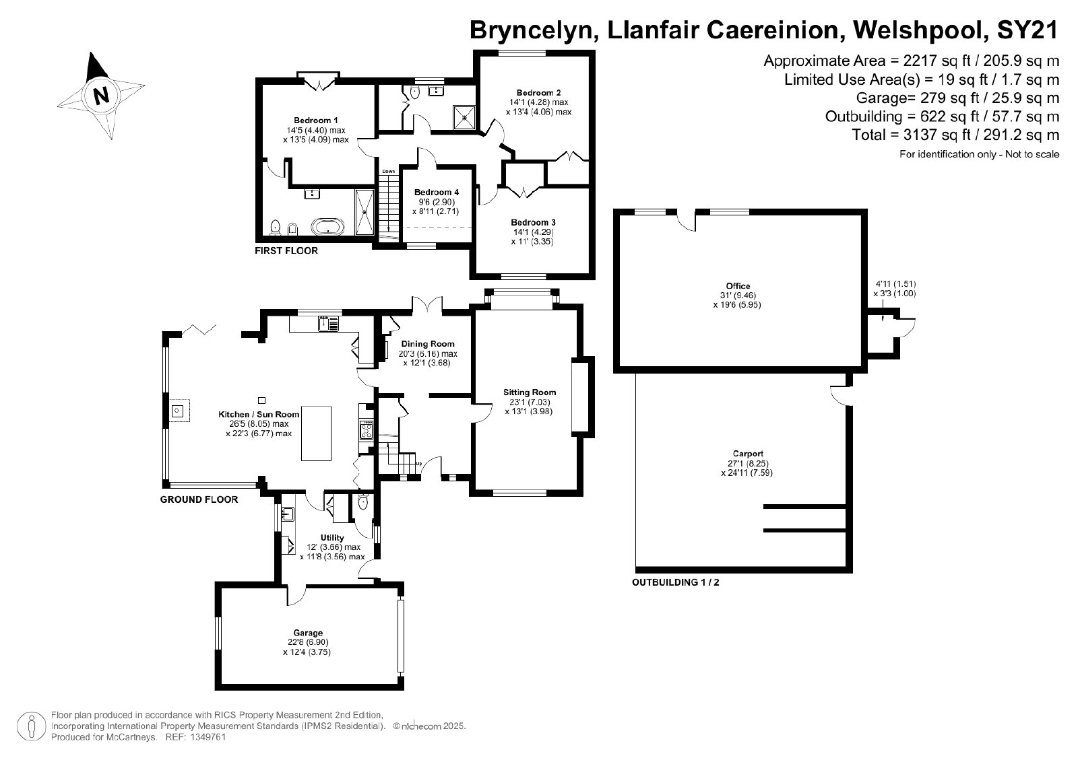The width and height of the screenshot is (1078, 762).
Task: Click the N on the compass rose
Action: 101,95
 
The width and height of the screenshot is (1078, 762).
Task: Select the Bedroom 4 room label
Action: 437,193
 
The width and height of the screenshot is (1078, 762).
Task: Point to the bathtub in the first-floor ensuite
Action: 328,226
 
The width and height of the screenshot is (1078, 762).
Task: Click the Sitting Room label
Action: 530,392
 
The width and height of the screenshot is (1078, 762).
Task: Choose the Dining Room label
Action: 428,344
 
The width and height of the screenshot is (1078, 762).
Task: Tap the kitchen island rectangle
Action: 316,433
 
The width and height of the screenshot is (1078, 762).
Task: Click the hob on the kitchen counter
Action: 367,429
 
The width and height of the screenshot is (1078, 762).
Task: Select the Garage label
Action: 308,633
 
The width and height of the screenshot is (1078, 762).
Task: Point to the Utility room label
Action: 332,537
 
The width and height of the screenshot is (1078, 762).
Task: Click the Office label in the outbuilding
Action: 738,286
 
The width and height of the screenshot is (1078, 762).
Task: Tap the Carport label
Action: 748,453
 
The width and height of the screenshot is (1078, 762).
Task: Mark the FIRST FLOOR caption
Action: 286,250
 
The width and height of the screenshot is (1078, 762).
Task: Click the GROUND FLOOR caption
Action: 199,499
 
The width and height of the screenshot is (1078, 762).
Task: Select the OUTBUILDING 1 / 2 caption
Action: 676,582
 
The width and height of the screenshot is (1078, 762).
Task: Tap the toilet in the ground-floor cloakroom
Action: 363,502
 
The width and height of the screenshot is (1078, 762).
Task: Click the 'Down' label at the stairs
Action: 388,171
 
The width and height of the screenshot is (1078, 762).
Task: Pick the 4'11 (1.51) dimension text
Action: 895,284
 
